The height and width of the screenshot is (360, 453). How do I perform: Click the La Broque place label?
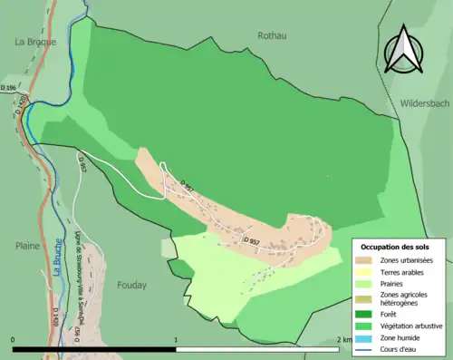click(35, 42)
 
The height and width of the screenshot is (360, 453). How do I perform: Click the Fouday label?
click(131, 284)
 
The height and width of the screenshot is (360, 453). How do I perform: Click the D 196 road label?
click(9, 87)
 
